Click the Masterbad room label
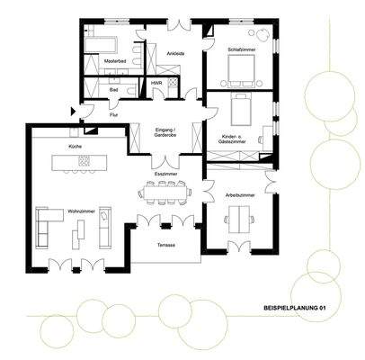pos(114,61)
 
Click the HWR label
pos(156,83)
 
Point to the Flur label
pos(114,115)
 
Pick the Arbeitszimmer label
pos(240,194)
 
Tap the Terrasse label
pos(166,243)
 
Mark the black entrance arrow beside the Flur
pos(75,111)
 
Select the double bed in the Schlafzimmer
pos(236,68)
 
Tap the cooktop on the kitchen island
pos(85,162)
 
